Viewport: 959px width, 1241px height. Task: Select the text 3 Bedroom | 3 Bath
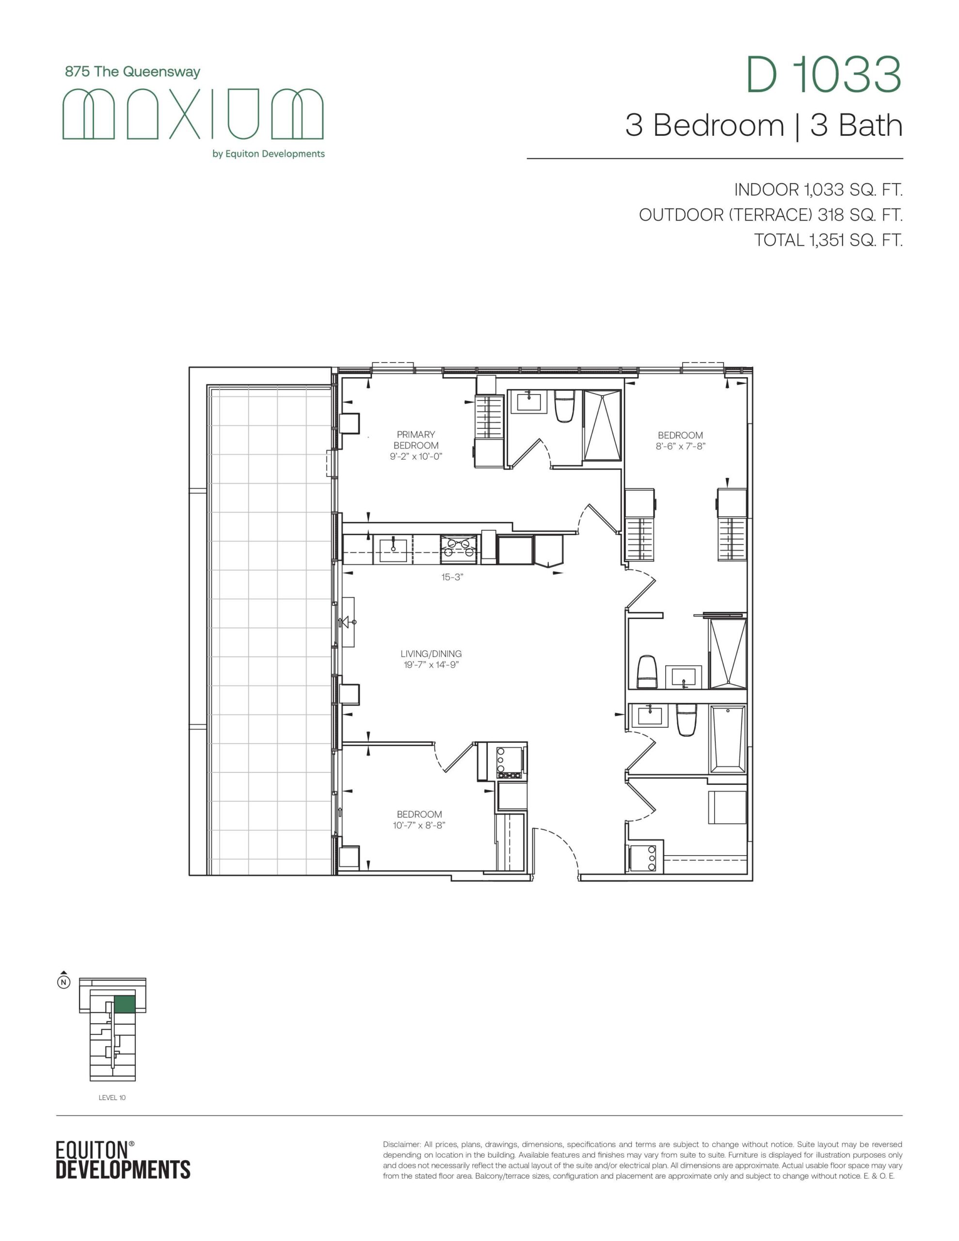764,126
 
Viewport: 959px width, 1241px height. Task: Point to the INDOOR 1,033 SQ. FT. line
818,190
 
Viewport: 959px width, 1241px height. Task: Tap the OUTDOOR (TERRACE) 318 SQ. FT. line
771,215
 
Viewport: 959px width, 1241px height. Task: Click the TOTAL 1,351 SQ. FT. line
828,240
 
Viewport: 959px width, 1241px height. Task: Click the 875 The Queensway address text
132,72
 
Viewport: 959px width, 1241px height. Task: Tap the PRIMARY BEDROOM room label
416,440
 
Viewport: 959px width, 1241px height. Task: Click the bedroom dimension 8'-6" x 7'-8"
680,446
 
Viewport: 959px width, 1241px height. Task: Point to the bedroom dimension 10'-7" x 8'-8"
419,825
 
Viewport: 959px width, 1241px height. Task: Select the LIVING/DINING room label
431,654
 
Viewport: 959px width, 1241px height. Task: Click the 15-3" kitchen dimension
452,577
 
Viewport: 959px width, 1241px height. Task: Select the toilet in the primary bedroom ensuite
565,406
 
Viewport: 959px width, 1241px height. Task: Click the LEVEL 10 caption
112,1098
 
